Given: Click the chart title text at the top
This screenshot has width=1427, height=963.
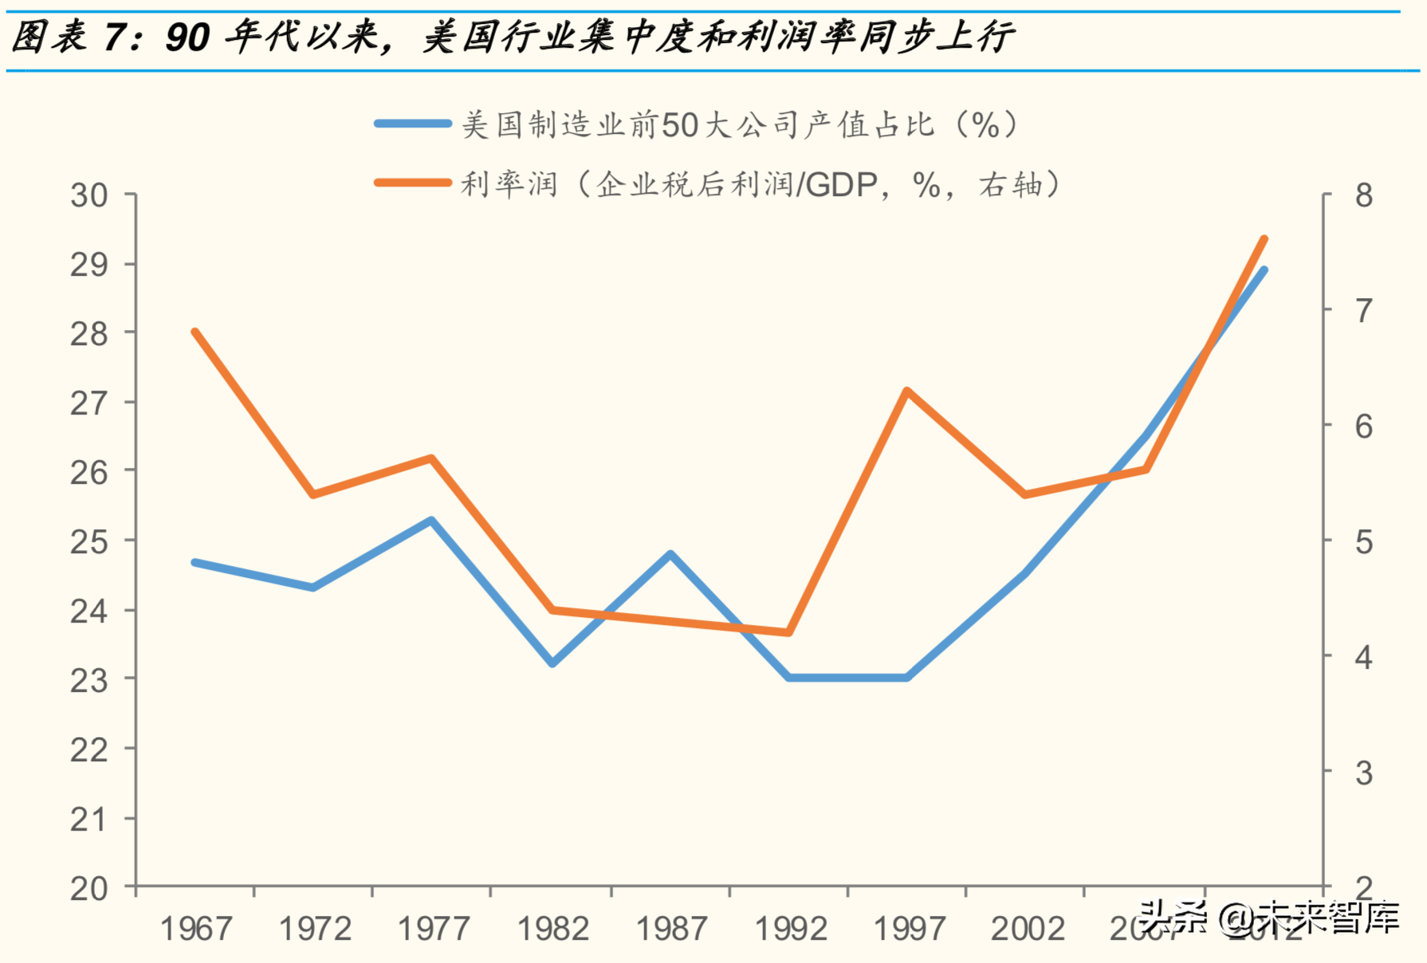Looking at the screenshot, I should point(510,37).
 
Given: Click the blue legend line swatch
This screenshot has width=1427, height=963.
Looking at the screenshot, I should point(413,124).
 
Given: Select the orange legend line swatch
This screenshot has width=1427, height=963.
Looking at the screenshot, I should point(413,183).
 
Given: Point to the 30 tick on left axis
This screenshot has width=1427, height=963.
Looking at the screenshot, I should point(88,195).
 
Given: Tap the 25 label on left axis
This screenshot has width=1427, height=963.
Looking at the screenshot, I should point(88,542).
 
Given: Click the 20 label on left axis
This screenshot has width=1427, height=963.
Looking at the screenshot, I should point(88,888).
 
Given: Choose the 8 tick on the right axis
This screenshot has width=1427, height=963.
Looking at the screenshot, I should point(1364,195).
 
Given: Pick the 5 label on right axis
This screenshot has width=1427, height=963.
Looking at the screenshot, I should point(1364,542).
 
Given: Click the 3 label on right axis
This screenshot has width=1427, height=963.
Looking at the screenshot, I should point(1364,773).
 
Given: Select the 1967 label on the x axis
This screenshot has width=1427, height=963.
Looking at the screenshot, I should point(196,929).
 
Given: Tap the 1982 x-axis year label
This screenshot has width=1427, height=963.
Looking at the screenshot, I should point(552,929).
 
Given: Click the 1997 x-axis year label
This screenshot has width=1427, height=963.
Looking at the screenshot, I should point(909,929).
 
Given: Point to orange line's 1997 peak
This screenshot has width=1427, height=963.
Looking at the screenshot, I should point(907,391).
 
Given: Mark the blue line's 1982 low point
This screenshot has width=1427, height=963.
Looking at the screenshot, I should point(552,663).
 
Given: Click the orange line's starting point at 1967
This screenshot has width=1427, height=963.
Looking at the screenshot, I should point(195,332).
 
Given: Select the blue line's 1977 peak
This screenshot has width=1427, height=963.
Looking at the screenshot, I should point(431,521).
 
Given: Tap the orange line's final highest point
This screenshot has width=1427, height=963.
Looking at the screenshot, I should point(1264,238).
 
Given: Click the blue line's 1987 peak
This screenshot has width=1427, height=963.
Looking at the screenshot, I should point(670,554).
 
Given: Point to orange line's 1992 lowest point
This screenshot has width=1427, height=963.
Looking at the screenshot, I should point(788,632).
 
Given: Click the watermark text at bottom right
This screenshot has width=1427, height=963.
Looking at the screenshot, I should point(1269,918).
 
